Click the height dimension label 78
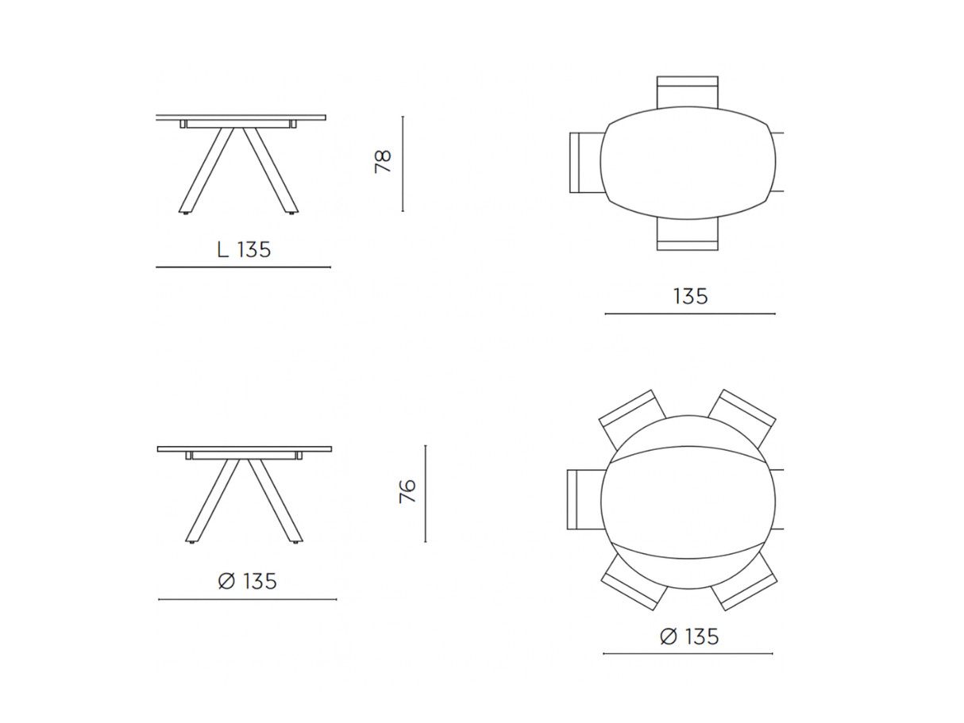[384, 163]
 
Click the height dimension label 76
[407, 492]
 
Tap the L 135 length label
[244, 250]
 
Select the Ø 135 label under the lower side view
[247, 582]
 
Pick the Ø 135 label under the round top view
[688, 636]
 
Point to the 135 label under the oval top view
[690, 297]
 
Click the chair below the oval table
[688, 237]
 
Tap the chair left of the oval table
[584, 162]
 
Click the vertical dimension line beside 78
[403, 163]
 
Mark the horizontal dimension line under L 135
[243, 267]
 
